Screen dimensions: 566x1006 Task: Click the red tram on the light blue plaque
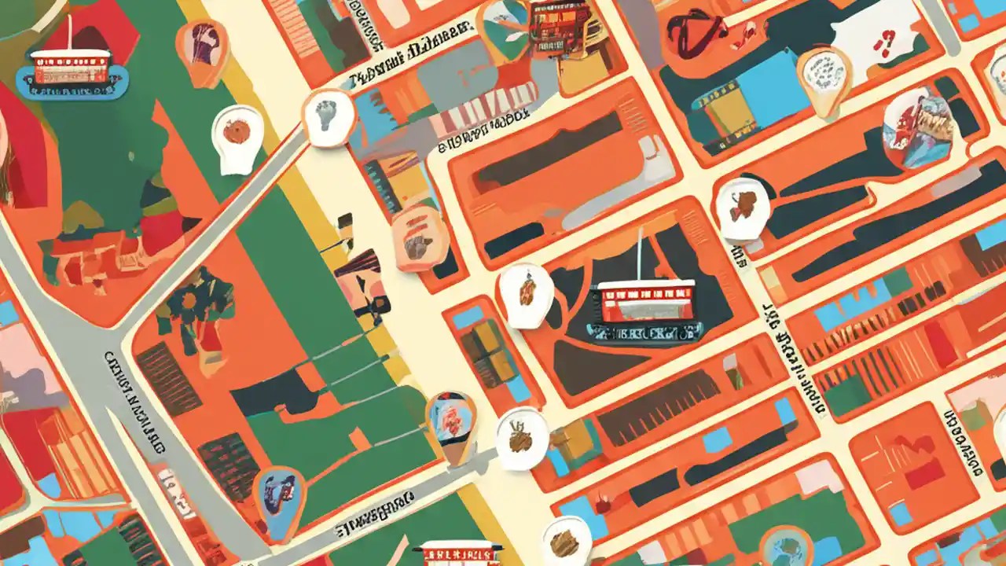coord(71,67)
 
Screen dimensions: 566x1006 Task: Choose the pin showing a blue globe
coord(786,546)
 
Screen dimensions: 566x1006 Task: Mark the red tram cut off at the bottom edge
coord(460,553)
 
